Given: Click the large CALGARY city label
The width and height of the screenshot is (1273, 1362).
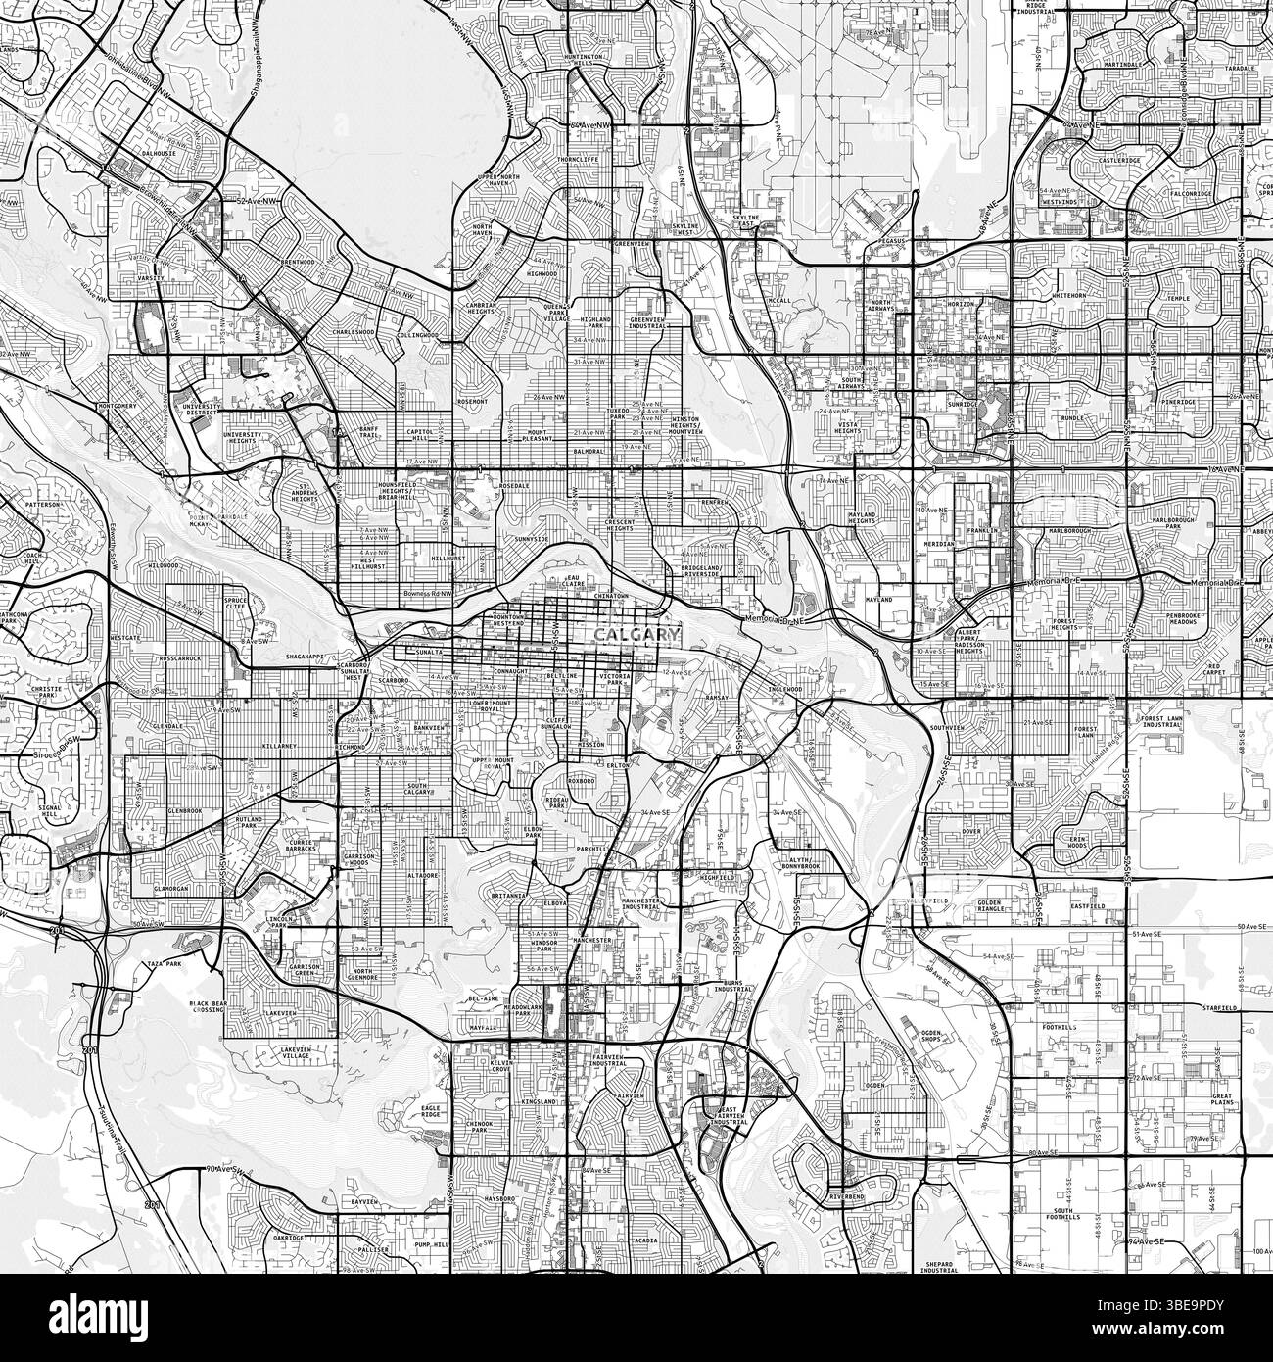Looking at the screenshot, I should pos(636,636).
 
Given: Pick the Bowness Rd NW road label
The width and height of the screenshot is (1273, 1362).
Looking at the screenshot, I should pos(428,594).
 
